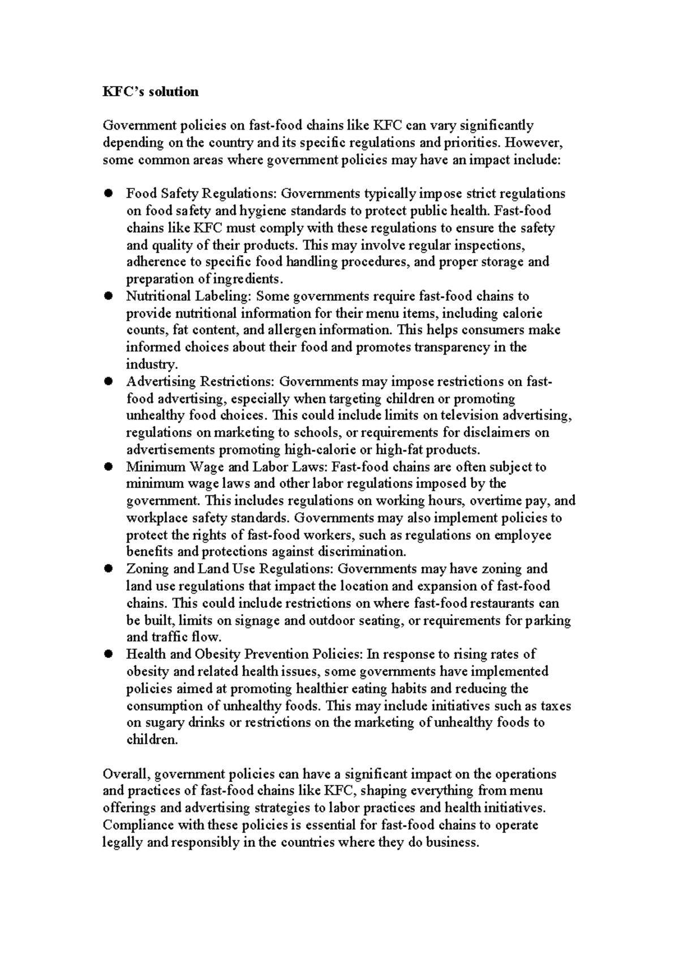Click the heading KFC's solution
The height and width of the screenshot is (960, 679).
151,92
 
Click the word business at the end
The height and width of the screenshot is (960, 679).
452,842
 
